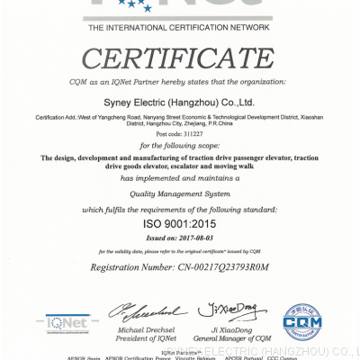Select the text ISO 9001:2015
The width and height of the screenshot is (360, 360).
click(180, 220)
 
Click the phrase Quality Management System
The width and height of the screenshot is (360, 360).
click(180, 192)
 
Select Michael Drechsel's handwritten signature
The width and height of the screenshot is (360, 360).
click(145, 311)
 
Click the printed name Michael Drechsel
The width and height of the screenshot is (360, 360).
click(144, 328)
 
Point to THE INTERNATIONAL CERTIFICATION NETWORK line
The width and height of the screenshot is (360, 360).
click(179, 29)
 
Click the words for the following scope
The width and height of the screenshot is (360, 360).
click(180, 146)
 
